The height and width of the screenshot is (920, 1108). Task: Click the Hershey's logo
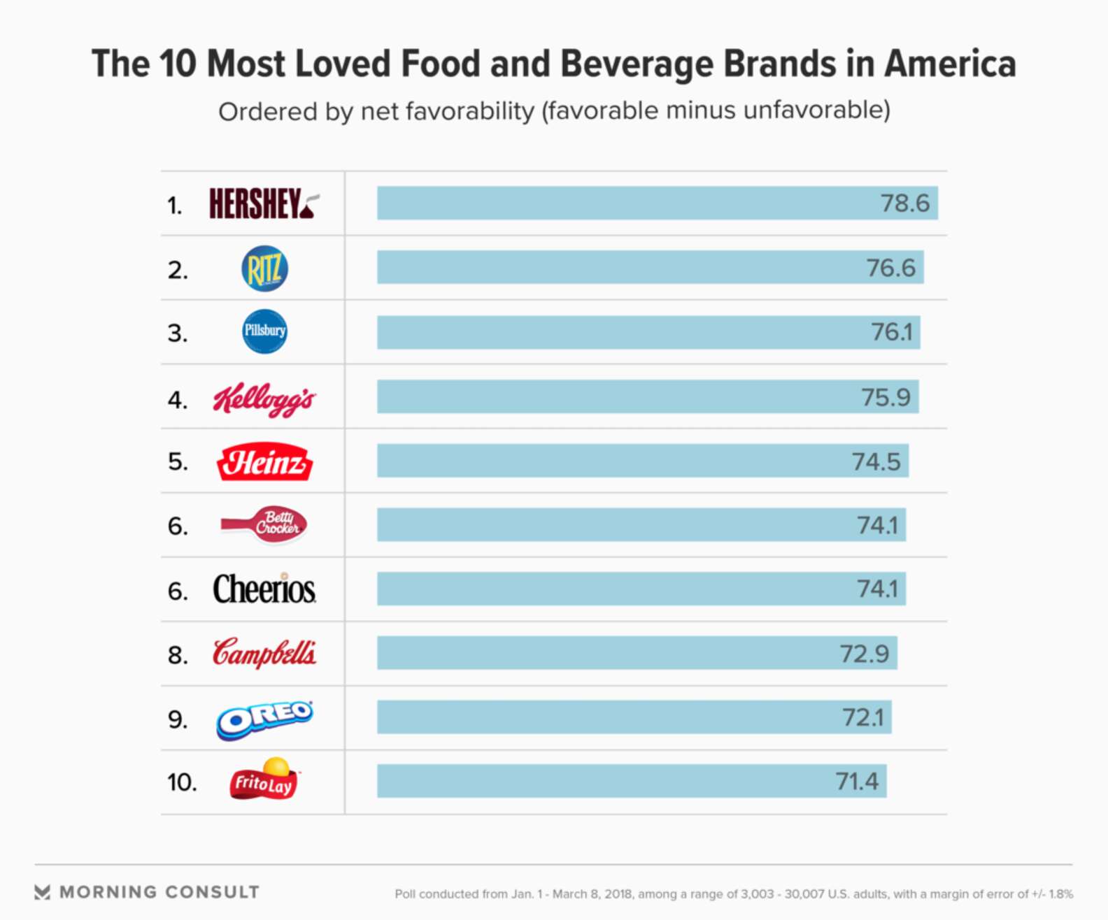tap(263, 203)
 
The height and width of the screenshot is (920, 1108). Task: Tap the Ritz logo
tap(264, 268)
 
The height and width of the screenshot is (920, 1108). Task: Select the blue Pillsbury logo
tap(264, 331)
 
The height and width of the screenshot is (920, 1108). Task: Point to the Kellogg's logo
tap(264, 399)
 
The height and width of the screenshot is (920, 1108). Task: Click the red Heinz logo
tap(264, 461)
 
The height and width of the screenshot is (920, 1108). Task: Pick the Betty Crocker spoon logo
tap(265, 524)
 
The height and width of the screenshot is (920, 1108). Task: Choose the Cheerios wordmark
tap(264, 589)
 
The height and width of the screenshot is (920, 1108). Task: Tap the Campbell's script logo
tap(264, 653)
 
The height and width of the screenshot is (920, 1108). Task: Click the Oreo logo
tap(264, 719)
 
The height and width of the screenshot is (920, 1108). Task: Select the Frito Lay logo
tap(264, 779)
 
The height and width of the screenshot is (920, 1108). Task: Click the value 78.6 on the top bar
tap(904, 203)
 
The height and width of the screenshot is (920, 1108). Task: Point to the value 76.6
tap(890, 268)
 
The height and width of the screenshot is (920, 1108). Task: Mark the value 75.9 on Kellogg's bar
tap(886, 397)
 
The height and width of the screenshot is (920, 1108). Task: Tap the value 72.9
tap(864, 654)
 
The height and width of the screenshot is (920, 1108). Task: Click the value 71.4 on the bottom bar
tap(857, 781)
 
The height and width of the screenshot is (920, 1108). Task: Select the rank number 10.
tap(181, 782)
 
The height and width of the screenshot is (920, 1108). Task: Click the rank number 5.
tap(177, 462)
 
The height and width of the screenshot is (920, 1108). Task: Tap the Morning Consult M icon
tap(42, 892)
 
